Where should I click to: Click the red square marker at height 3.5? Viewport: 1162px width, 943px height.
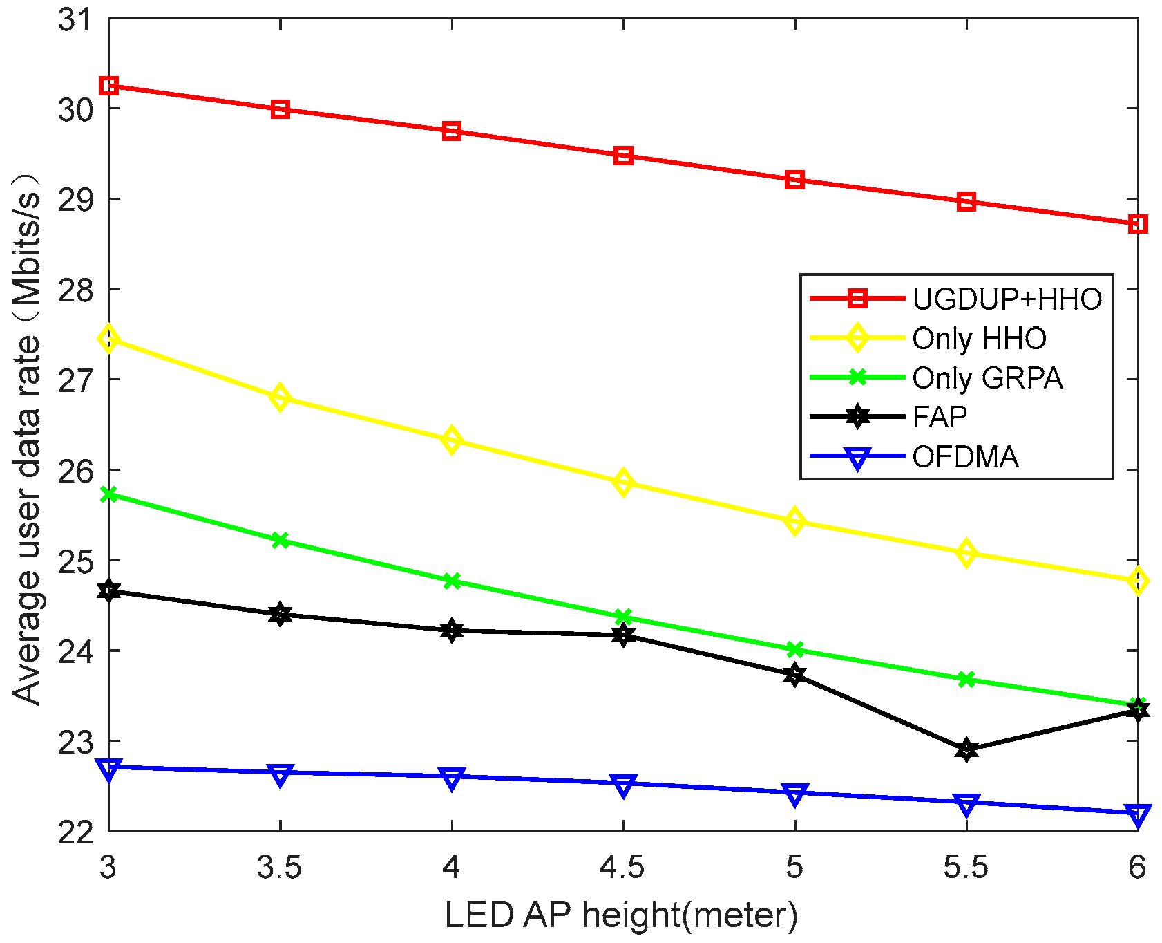pos(280,109)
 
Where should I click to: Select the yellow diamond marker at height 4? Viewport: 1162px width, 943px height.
pos(452,440)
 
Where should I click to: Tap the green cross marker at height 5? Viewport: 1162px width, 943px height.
pos(795,649)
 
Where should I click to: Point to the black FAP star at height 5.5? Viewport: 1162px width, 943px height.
pos(967,749)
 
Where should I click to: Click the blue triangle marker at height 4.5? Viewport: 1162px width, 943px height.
pos(623,785)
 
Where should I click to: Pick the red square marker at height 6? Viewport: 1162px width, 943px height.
pos(1138,224)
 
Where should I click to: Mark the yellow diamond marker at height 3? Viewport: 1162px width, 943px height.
pos(108,339)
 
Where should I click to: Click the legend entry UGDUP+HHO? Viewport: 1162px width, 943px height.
pos(1007,299)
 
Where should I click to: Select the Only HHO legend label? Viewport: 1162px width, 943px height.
pos(979,339)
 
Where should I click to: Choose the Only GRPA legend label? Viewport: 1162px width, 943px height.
pos(987,378)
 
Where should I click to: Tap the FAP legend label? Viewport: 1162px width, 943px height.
pos(940,417)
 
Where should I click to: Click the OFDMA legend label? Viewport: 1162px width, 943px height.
pos(965,457)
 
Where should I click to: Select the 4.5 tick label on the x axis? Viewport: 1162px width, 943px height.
pos(623,867)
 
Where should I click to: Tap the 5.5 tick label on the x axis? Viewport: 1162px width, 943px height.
pos(966,867)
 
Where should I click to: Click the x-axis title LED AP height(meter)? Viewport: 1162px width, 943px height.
pos(621,915)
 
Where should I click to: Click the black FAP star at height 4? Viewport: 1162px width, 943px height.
pos(452,631)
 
